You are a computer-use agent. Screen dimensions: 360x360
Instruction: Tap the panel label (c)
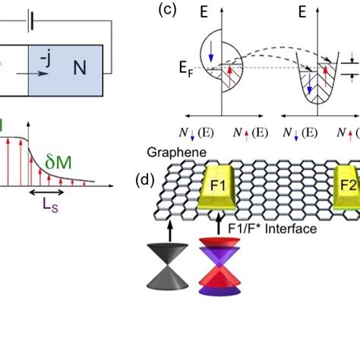point(168,11)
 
